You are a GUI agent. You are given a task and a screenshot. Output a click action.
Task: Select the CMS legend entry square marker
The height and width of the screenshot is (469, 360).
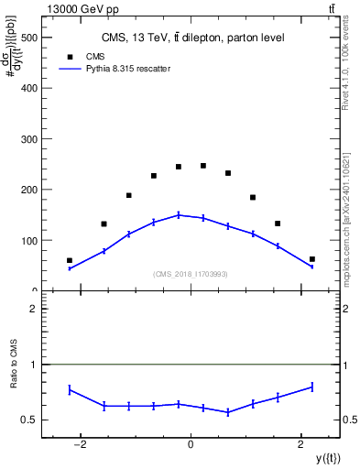tap(71, 56)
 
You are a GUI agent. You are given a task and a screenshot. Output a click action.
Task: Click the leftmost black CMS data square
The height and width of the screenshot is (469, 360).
tap(70, 260)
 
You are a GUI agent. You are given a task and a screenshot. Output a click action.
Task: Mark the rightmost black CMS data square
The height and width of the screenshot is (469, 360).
tap(312, 259)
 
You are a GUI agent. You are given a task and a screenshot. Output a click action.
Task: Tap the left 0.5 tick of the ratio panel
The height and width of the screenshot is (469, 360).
tap(29, 420)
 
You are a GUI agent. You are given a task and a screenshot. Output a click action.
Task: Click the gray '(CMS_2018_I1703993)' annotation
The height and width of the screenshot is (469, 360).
tap(191, 273)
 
